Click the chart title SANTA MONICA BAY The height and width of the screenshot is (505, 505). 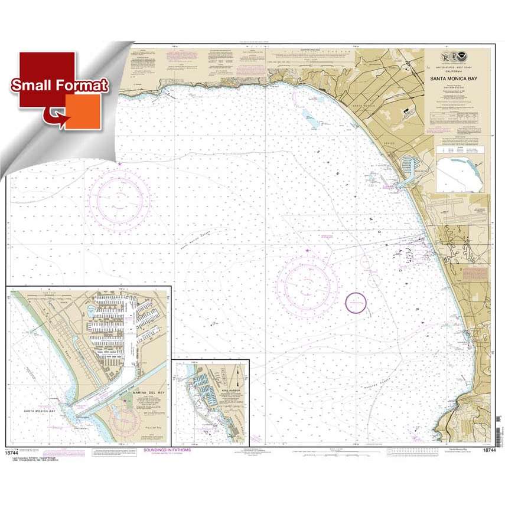tap(458, 77)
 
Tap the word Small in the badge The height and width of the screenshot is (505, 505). tap(33, 86)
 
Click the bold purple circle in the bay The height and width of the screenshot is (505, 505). tap(356, 303)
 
